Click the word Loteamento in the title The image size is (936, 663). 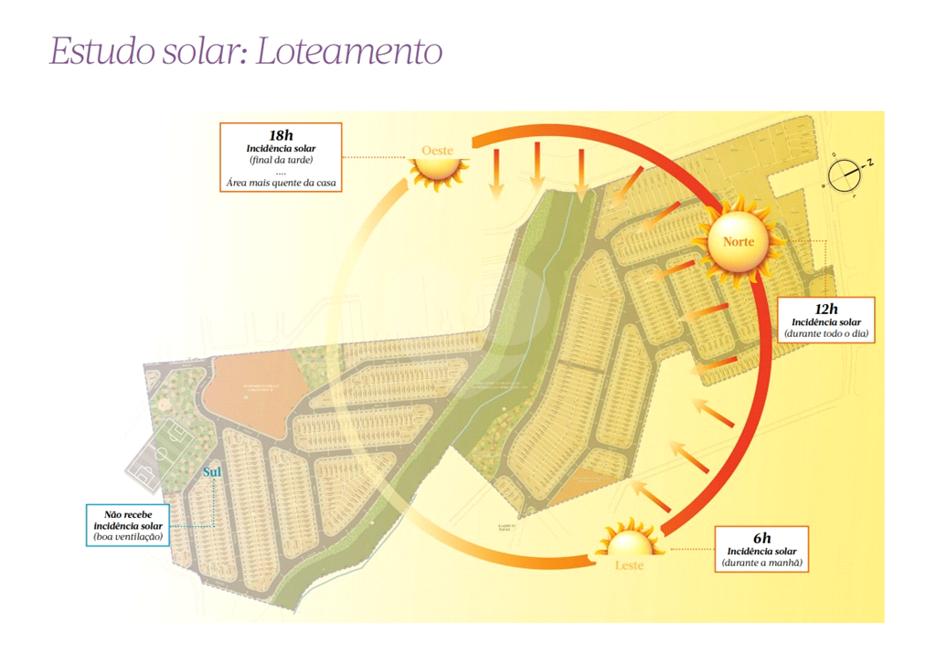pos(349,51)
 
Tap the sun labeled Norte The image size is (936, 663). pos(739,241)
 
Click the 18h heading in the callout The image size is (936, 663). pos(281,135)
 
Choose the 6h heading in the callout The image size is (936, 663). pos(761,538)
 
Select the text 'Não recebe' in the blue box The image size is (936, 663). pos(128,514)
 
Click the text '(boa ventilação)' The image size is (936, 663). pos(128,538)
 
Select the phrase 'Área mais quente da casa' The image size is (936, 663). pos(281,183)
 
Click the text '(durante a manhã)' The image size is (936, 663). pos(761,563)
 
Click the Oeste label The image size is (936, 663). pos(437,150)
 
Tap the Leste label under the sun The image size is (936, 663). pos(629,565)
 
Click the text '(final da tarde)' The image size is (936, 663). pos(281,160)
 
